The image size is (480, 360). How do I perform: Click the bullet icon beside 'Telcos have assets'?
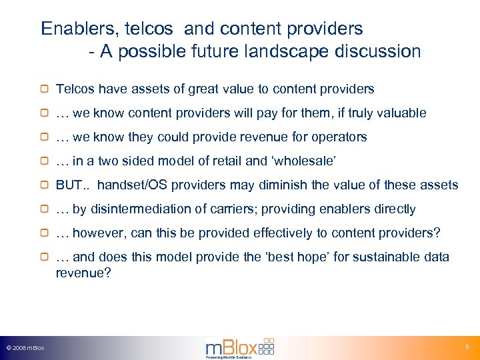pyautogui.click(x=45, y=89)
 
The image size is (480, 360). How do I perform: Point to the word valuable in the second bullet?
pyautogui.click(x=402, y=113)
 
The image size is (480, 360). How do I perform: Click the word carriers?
pyautogui.click(x=233, y=209)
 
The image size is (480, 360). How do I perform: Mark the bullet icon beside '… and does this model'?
pyautogui.click(x=45, y=257)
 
